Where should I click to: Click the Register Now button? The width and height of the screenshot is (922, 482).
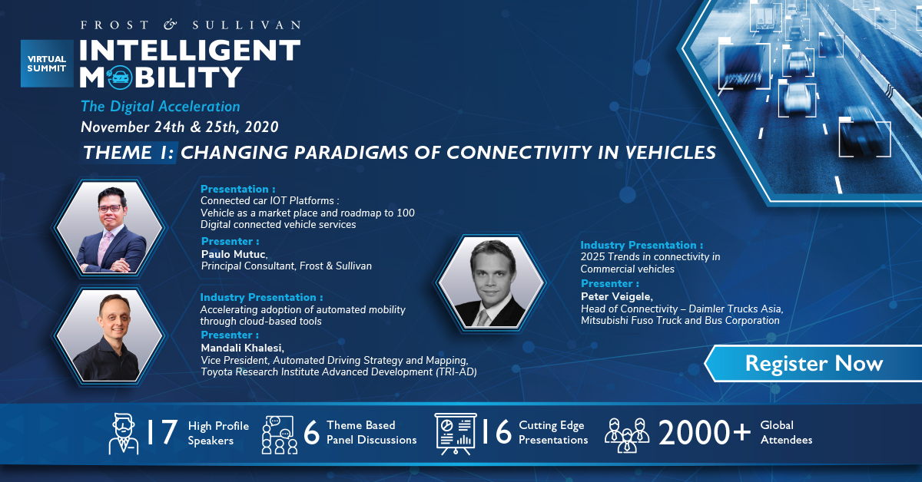(814, 364)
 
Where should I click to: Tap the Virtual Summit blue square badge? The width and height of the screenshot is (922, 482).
(47, 64)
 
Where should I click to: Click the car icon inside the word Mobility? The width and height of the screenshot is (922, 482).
(120, 77)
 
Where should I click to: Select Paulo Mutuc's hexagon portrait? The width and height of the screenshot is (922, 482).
(109, 227)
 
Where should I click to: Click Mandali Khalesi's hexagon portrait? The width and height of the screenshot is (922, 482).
(109, 335)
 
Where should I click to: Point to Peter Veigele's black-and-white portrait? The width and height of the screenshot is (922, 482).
(491, 282)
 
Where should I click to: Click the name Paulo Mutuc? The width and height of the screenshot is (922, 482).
(234, 254)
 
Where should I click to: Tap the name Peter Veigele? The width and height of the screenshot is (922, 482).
(616, 296)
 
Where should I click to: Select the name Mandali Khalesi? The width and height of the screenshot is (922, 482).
(243, 348)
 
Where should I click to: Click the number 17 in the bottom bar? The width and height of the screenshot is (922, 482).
(162, 432)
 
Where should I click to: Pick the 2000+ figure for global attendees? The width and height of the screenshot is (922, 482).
(705, 433)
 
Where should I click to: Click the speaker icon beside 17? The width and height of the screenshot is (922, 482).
(124, 434)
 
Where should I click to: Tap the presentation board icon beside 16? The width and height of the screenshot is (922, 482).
(455, 434)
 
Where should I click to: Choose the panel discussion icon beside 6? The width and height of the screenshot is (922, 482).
(280, 434)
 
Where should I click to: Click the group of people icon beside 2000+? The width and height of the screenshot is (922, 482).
(627, 435)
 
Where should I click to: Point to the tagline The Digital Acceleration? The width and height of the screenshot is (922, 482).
(160, 107)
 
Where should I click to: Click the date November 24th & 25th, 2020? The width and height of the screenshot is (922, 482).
(180, 127)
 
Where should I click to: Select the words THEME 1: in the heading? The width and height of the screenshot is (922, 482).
(128, 153)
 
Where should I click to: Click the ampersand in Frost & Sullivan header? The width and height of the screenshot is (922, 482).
(170, 25)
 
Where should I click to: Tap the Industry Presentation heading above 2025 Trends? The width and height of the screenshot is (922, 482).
(642, 245)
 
